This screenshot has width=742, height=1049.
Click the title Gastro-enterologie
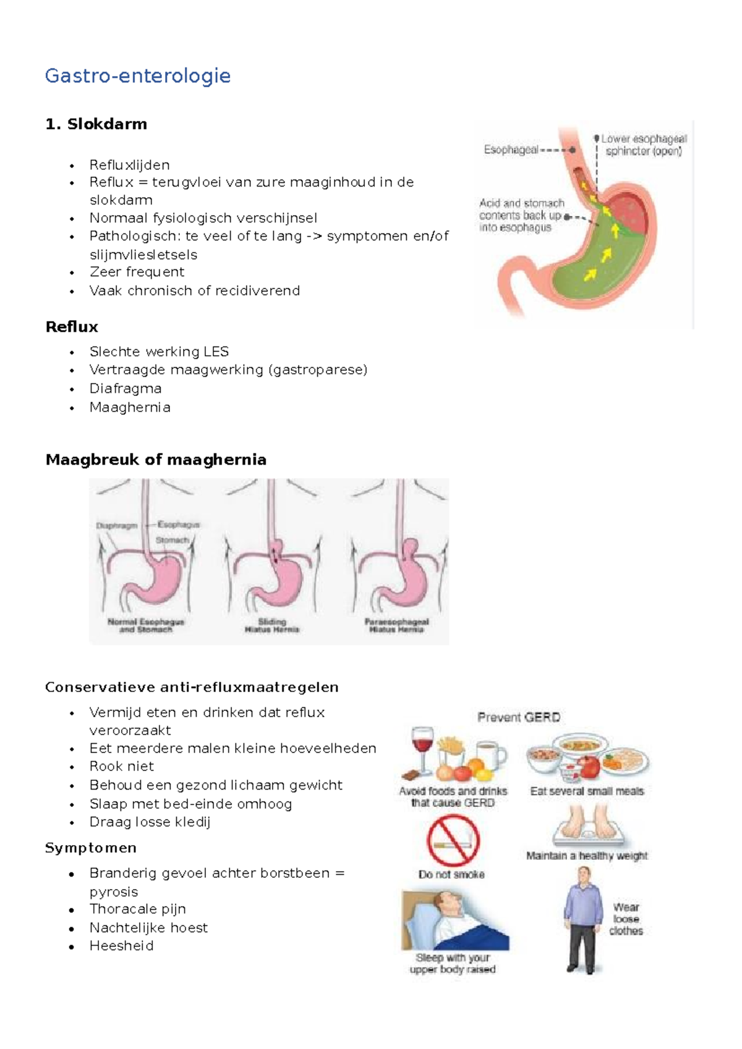click(x=138, y=76)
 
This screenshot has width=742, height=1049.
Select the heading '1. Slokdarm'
click(x=96, y=124)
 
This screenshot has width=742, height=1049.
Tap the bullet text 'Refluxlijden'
click(x=129, y=165)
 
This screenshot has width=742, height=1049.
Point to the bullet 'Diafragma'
click(x=126, y=389)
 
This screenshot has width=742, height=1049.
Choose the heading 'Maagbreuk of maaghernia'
click(x=156, y=460)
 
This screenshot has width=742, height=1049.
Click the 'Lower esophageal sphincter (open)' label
click(x=644, y=145)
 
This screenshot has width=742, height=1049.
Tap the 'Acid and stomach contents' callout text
click(x=521, y=215)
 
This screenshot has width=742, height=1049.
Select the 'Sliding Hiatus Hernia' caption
click(x=272, y=625)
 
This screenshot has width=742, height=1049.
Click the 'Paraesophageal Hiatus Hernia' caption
click(x=396, y=625)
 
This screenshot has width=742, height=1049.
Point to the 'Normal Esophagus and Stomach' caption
click(x=146, y=625)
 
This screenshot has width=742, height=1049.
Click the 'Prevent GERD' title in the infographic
click(x=519, y=717)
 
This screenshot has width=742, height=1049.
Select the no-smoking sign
click(x=453, y=840)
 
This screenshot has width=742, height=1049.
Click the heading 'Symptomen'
click(x=91, y=848)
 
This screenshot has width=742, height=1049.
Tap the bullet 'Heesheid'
click(x=121, y=946)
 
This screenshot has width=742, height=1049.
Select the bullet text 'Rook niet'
click(x=122, y=767)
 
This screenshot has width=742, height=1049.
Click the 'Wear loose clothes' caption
click(x=626, y=919)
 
